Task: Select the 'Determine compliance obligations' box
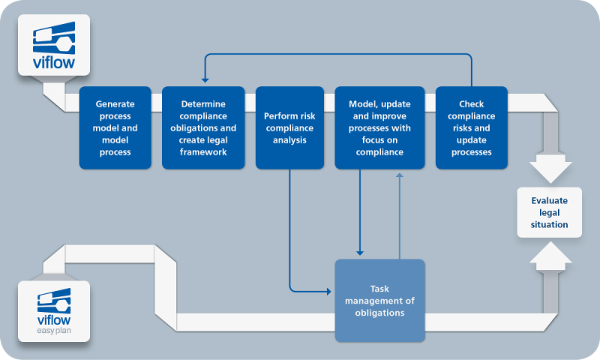tap(203, 127)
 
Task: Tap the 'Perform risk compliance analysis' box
tap(289, 127)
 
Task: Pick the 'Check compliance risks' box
tap(471, 127)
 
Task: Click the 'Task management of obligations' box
tap(379, 301)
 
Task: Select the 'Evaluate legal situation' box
tap(549, 212)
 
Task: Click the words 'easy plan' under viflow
tap(53, 331)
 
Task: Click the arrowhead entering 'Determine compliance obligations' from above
tap(203, 81)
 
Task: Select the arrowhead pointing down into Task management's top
tap(361, 253)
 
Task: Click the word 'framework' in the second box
tap(203, 152)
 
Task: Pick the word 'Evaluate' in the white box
tap(549, 200)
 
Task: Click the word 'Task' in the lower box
tap(379, 288)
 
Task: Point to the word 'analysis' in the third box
tap(289, 139)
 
